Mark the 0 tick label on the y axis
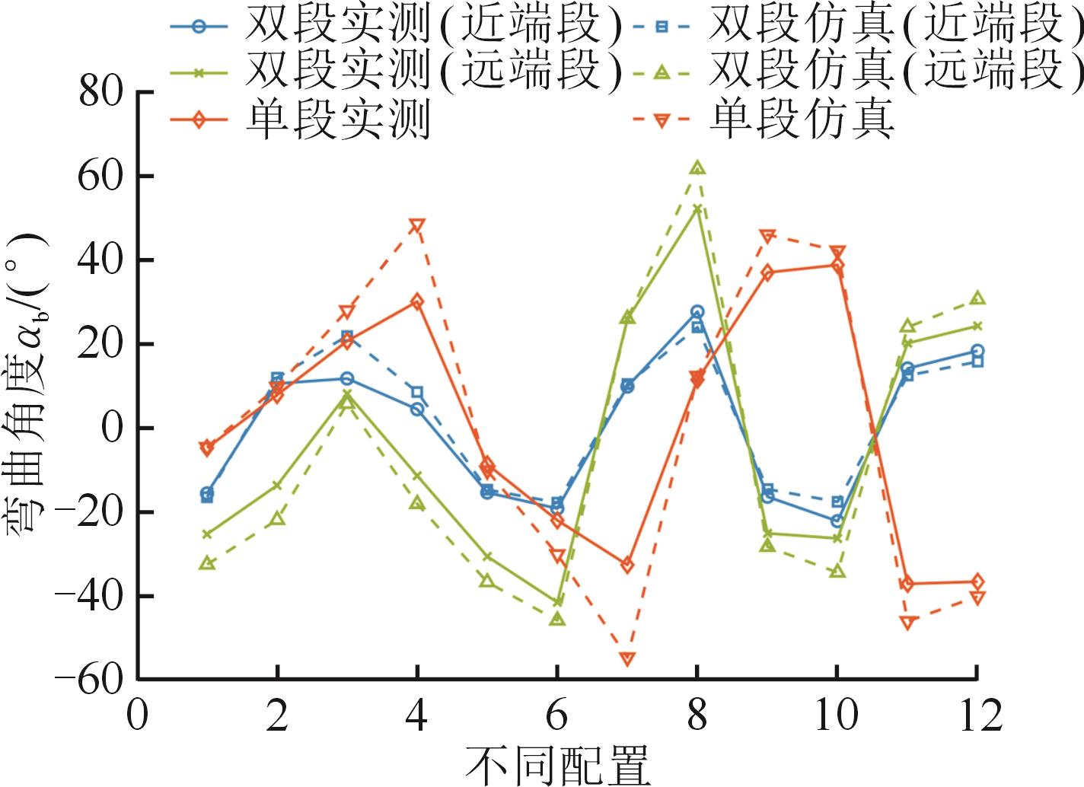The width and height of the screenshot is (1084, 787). coord(112,429)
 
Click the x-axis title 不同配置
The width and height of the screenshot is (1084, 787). coord(557,765)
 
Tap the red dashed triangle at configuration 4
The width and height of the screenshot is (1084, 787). coord(417,225)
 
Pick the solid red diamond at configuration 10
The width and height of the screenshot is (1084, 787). coord(837,266)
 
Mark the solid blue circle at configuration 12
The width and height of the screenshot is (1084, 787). coord(977,352)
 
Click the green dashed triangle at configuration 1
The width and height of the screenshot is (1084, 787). coord(207,563)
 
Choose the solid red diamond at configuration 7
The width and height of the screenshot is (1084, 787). coord(627,565)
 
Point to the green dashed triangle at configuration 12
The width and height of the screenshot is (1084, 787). coord(977,298)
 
